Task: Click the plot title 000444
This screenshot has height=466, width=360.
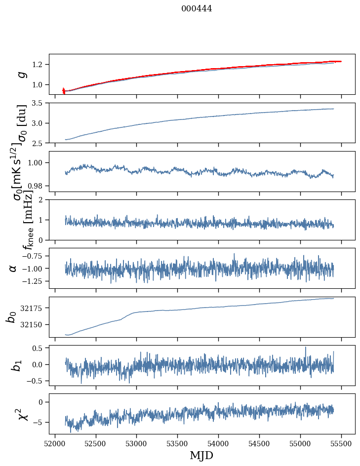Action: (x=197, y=8)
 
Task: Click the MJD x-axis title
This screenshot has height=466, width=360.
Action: (x=201, y=456)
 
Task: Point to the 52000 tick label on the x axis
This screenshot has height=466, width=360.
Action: (x=54, y=444)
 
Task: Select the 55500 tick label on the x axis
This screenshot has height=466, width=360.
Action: (x=341, y=444)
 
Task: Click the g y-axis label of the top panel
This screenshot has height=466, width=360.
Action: (x=21, y=74)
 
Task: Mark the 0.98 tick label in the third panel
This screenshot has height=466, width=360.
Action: (x=36, y=186)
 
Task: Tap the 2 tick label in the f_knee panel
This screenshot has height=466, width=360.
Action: (x=42, y=200)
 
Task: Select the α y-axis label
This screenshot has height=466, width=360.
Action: (x=13, y=268)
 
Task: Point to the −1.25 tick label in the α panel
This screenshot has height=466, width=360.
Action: (x=32, y=281)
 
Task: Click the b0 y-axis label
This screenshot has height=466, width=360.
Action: (x=11, y=316)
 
